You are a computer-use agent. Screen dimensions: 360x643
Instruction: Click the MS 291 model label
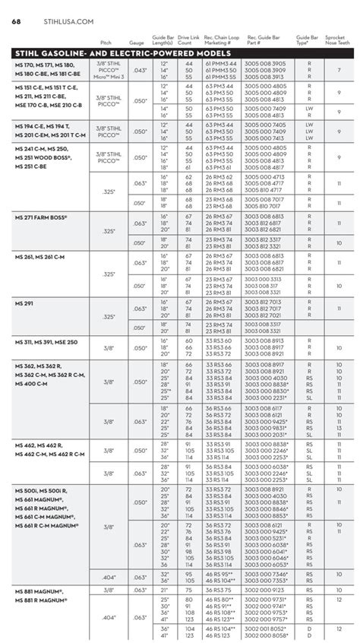[25, 304]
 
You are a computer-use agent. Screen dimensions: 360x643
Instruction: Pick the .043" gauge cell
[138, 70]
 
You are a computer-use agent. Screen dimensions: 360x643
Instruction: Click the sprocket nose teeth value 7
[339, 70]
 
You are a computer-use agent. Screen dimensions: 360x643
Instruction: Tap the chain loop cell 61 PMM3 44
[221, 63]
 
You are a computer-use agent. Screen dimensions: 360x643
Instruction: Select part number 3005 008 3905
[264, 63]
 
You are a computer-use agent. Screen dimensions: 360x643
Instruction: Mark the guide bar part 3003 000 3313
[264, 280]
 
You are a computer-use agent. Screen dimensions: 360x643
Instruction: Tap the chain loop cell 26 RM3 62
[221, 176]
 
